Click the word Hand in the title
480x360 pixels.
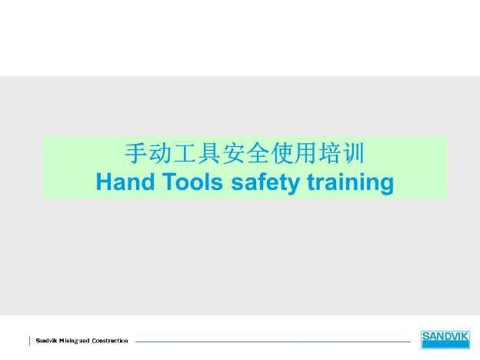(125, 182)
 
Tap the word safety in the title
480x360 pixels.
(265, 183)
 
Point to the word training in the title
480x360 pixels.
(350, 183)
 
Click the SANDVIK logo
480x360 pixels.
(445, 339)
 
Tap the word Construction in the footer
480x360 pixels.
(110, 341)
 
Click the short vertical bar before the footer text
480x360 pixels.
(30, 341)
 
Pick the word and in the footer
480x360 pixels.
(85, 341)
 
